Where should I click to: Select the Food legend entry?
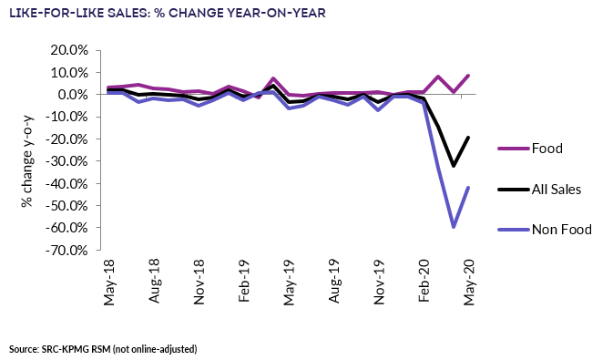pyautogui.click(x=547, y=149)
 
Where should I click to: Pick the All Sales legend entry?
pyautogui.click(x=547, y=189)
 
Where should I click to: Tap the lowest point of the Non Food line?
pyautogui.click(x=454, y=226)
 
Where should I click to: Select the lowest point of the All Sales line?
pyautogui.click(x=454, y=165)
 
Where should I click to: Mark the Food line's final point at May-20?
pyautogui.click(x=468, y=76)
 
